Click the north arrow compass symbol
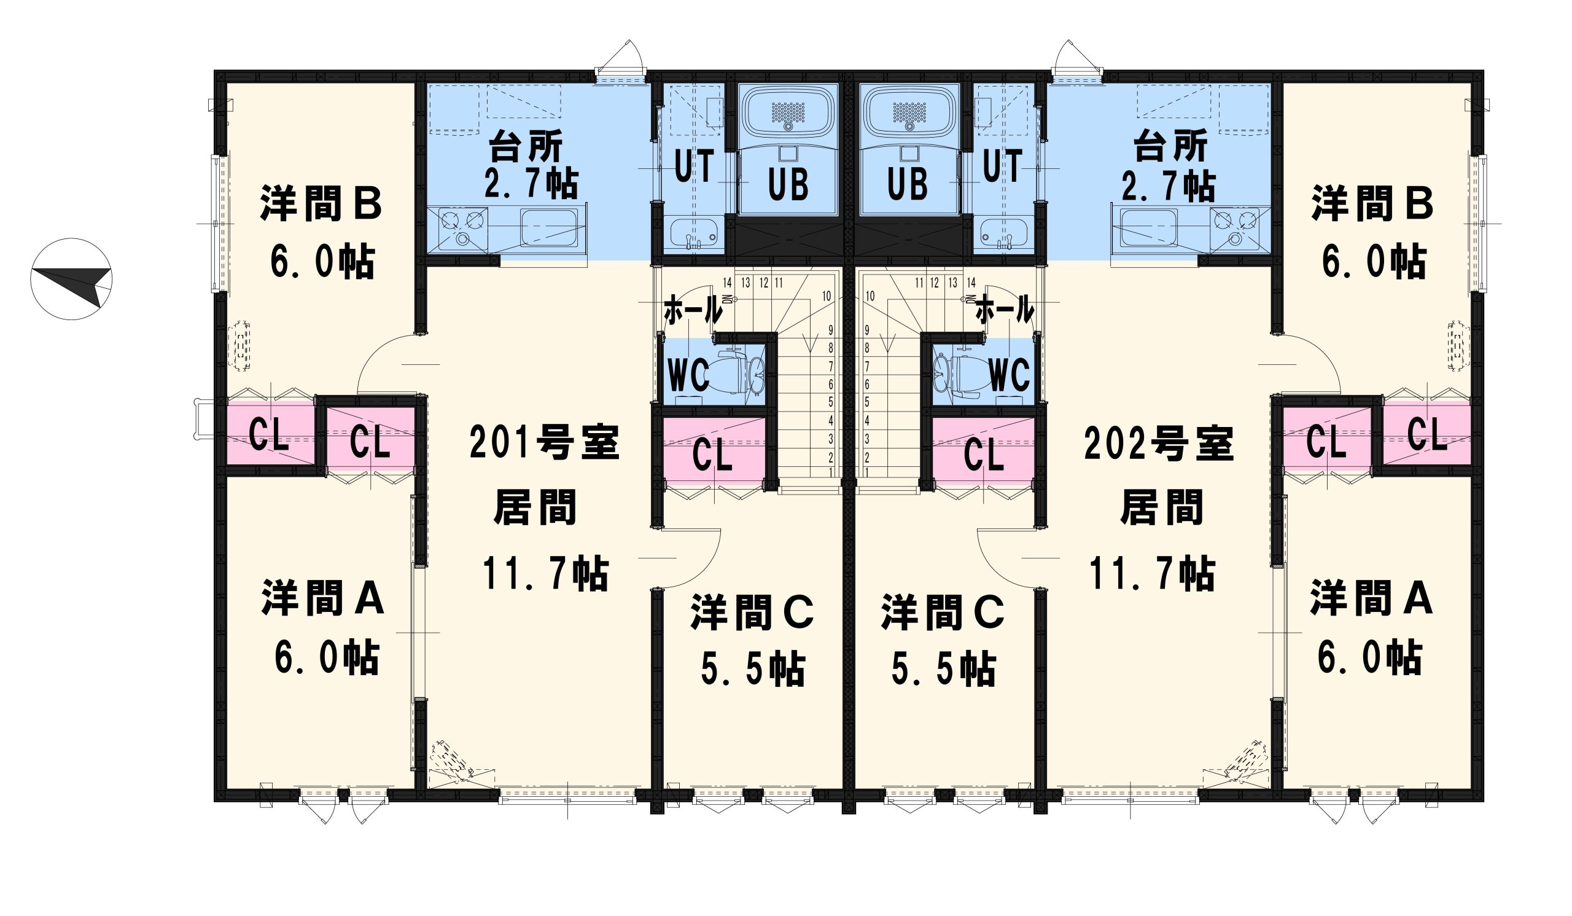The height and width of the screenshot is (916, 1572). pos(71,279)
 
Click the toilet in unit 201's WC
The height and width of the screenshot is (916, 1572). pos(739,374)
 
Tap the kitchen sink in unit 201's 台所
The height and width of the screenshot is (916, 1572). pos(549,228)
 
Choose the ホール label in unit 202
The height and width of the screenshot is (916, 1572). pos(1005,310)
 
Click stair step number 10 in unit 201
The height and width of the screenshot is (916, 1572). pos(827,296)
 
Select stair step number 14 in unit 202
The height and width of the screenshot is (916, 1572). pos(971,283)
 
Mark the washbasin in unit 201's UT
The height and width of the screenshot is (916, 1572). pos(694,233)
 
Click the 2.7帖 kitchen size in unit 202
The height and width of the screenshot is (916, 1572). pos(1168,186)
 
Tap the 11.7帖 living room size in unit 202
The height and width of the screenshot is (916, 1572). pos(1151,573)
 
